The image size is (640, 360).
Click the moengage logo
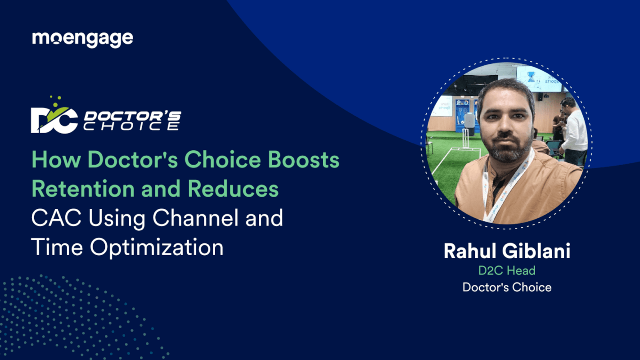[82, 39]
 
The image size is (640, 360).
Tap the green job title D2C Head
[507, 270]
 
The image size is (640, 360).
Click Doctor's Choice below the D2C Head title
[507, 287]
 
